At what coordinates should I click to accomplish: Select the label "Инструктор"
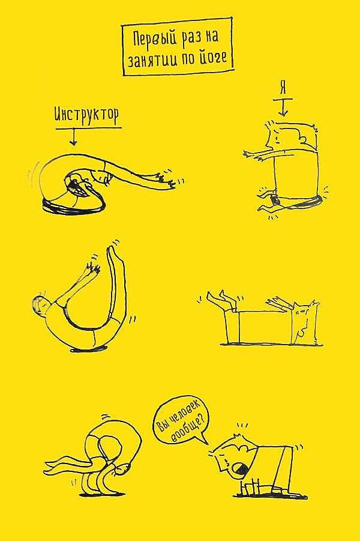coord(86,115)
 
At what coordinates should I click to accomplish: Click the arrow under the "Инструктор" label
coord(73,137)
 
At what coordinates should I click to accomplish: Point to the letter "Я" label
coord(283,89)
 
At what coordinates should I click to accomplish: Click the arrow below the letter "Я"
coord(283,107)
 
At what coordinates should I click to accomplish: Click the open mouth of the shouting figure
coord(238,468)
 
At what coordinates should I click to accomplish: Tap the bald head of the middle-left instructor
coord(38,304)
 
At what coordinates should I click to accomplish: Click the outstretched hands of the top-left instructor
coord(168,178)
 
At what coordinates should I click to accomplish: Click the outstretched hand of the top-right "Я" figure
coord(253,155)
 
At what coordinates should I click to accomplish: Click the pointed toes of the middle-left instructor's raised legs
coord(113,250)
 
